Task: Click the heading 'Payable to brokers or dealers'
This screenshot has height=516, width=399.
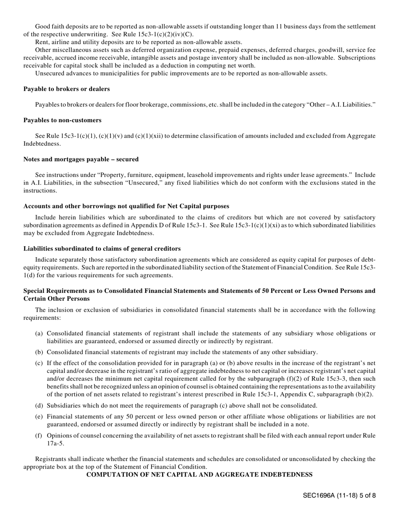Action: coord(66,89)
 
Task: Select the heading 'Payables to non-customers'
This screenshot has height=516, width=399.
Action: coord(62,120)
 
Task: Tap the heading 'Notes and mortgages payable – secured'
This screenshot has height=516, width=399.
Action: coord(81,159)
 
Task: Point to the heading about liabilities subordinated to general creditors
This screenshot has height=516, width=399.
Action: coord(102,249)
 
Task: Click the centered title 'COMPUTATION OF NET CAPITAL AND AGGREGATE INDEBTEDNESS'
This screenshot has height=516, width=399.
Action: coord(199,474)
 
